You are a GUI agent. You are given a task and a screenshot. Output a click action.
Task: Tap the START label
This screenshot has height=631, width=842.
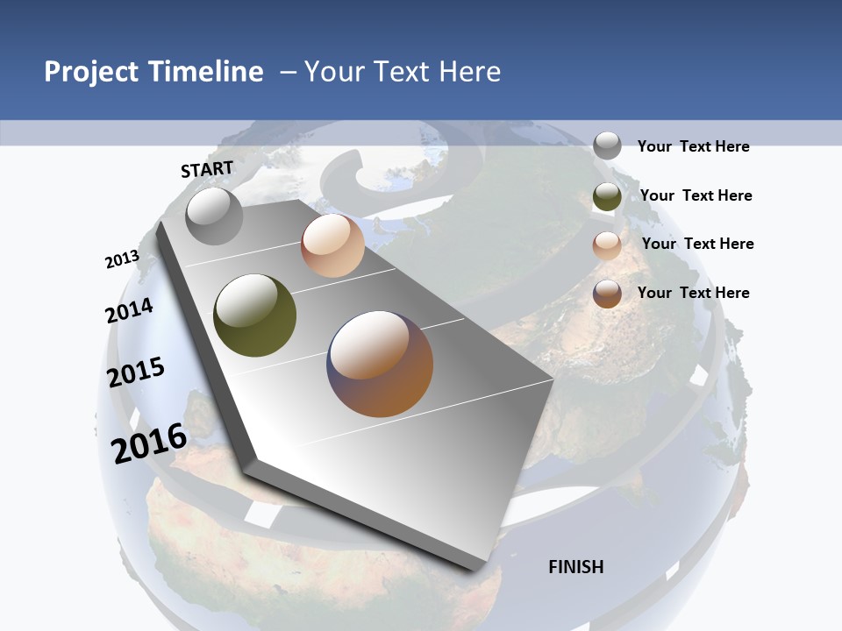(x=207, y=169)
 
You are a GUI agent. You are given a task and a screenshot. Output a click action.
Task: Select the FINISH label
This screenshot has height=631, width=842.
(x=576, y=567)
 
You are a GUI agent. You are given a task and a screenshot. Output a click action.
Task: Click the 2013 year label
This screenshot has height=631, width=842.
(x=122, y=259)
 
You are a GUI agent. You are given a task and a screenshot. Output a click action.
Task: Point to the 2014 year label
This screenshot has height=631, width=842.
(x=129, y=310)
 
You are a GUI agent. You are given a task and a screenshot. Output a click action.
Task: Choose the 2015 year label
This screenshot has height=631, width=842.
(x=136, y=372)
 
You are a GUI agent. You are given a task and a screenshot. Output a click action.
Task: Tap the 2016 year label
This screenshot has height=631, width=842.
(x=149, y=443)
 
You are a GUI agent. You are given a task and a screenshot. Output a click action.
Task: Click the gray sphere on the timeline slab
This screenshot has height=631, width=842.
(x=214, y=216)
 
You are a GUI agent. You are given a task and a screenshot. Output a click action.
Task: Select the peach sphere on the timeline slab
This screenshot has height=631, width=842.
(x=332, y=245)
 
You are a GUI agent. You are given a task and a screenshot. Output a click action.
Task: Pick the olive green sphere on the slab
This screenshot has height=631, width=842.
(x=255, y=315)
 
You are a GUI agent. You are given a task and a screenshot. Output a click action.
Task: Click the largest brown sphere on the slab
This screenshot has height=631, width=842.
(x=380, y=364)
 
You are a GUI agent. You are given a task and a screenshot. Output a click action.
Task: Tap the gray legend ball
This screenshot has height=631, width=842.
(x=607, y=145)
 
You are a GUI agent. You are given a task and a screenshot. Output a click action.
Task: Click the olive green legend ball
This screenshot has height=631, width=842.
(x=607, y=196)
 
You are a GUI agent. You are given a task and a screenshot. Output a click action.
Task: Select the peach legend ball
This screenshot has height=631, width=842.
(x=607, y=245)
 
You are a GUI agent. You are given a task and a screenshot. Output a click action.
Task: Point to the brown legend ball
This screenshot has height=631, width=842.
(x=607, y=294)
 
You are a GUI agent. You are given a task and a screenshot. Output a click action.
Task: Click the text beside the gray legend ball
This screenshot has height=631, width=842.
(x=693, y=146)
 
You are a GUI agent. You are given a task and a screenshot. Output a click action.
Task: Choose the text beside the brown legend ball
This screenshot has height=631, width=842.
(x=693, y=293)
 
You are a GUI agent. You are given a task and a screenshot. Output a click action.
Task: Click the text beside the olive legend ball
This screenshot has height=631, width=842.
(x=696, y=195)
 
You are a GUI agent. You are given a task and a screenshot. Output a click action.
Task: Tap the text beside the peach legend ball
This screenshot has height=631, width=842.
(x=697, y=244)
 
